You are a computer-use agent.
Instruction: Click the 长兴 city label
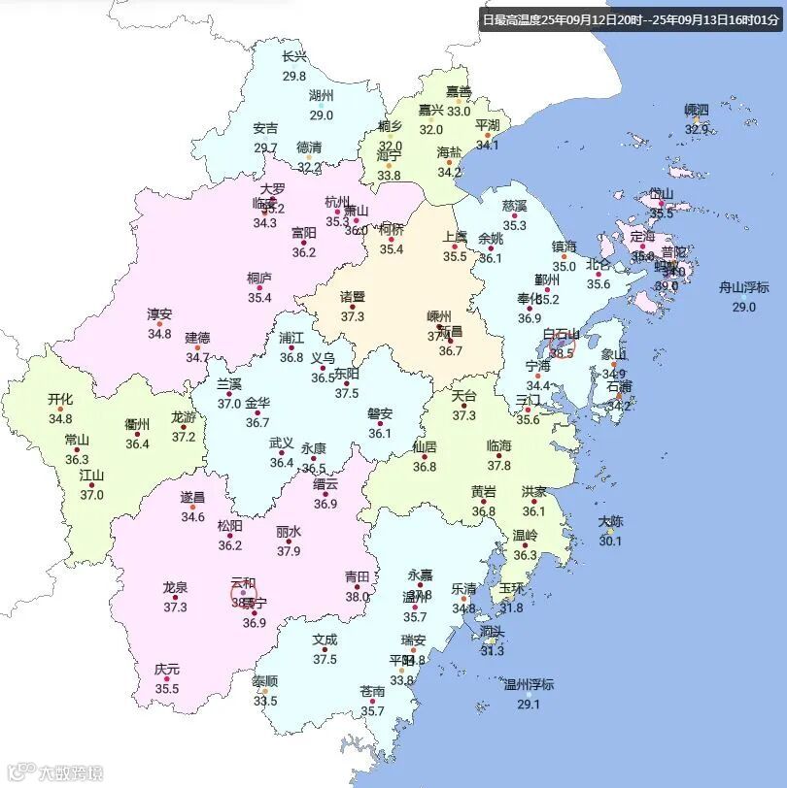[x=294, y=56]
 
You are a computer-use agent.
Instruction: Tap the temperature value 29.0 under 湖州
[x=322, y=115]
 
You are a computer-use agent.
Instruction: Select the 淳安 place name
[x=159, y=314]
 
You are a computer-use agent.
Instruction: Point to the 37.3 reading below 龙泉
[x=175, y=607]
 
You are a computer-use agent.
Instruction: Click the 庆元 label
[x=167, y=670]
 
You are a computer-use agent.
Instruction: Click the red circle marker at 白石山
[x=562, y=344]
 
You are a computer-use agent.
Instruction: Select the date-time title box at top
[x=632, y=18]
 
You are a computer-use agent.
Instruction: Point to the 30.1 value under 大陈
[x=609, y=542]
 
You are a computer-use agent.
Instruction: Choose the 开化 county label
[x=60, y=400]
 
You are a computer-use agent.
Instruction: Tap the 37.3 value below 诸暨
[x=353, y=316]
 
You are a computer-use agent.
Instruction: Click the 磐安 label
[x=380, y=413]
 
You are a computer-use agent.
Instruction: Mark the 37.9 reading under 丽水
[x=289, y=551]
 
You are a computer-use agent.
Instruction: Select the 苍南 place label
[x=373, y=692]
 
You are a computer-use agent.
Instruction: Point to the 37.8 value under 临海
[x=499, y=465]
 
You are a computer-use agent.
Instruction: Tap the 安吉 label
[x=265, y=128]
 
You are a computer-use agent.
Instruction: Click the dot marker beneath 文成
[x=325, y=650]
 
